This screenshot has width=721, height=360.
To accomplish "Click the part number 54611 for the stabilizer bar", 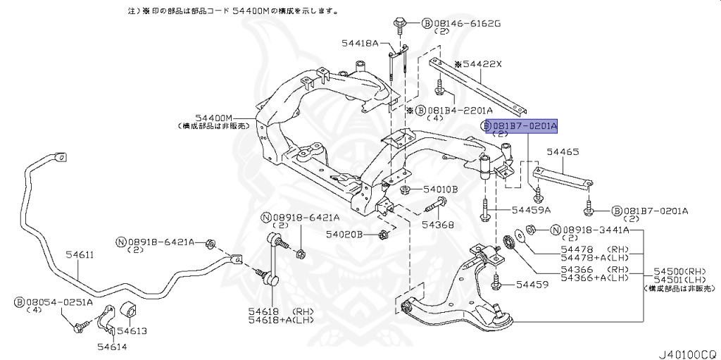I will click(x=80, y=255).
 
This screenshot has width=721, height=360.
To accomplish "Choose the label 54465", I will click(x=563, y=151).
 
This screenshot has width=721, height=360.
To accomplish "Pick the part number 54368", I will click(x=438, y=225).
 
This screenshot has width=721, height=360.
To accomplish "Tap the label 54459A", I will click(x=532, y=210).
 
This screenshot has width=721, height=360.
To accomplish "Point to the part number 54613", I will click(x=132, y=330).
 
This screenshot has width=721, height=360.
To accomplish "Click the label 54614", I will click(x=111, y=346).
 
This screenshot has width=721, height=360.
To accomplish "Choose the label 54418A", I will click(x=360, y=44).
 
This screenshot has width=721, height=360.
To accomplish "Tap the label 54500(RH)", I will click(x=680, y=271).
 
